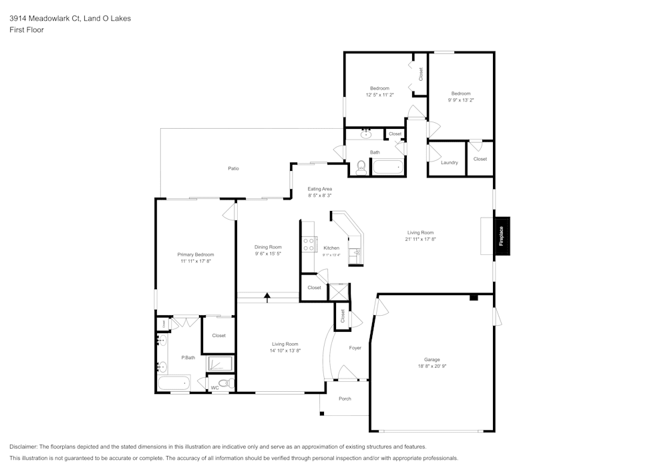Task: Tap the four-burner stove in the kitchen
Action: click(309, 244)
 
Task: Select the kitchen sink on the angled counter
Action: click(355, 253)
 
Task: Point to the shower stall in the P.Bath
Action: click(220, 364)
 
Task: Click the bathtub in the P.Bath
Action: click(173, 384)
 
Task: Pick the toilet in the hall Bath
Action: click(361, 168)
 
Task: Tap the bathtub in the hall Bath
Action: click(388, 167)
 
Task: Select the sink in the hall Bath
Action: click(366, 135)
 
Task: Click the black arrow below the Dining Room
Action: click(267, 296)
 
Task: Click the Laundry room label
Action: click(450, 162)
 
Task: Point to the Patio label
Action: click(233, 168)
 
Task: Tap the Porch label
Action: click(345, 399)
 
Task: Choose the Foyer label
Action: click(355, 348)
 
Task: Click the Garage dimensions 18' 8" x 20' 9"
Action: click(431, 367)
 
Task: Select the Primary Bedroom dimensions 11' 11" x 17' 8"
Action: click(195, 262)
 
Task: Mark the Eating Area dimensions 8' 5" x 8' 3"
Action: click(319, 196)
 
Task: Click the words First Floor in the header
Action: click(27, 30)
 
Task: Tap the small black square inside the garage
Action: click(474, 297)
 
